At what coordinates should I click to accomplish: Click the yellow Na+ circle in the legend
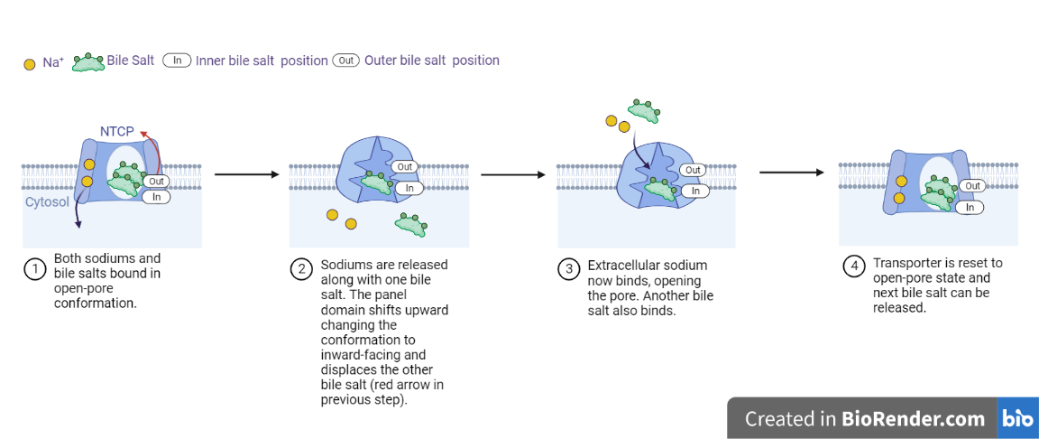pos(29,63)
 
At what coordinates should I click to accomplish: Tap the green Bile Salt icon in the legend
pos(88,61)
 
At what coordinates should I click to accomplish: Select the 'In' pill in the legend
pos(178,61)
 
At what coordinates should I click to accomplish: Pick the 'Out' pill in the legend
pos(346,61)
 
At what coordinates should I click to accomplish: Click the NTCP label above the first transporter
pos(117,132)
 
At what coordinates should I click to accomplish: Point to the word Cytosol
pos(47,202)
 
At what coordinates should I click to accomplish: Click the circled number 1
pos(34,269)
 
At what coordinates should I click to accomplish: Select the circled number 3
pos(568,269)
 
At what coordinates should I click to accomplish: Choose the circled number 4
pos(853,268)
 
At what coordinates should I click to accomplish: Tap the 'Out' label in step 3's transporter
pos(693,170)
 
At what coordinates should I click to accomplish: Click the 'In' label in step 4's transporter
pos(971,207)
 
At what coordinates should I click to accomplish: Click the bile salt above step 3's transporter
pos(643,110)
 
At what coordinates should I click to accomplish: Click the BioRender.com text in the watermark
pos(913,419)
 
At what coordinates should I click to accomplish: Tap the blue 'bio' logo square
pos(1017,419)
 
